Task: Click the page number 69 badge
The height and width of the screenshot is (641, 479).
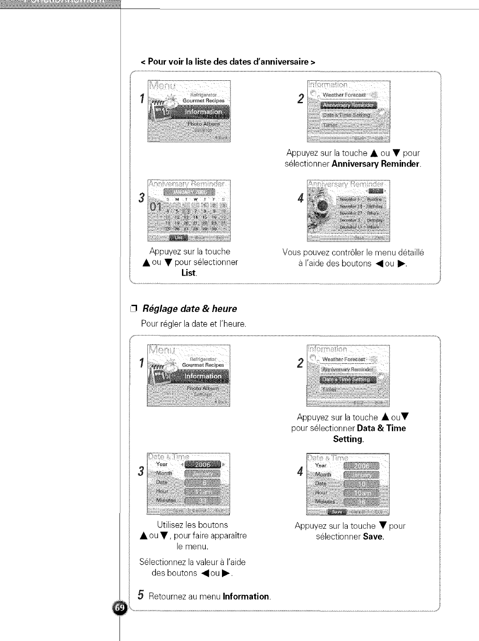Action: coord(119,608)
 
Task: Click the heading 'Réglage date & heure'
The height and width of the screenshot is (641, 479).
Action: coord(190,309)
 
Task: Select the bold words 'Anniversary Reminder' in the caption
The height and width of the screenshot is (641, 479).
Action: coord(375,164)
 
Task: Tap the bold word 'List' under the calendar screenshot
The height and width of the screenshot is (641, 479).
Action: coord(188,273)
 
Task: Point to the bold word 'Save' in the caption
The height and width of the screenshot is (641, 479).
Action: coord(373,537)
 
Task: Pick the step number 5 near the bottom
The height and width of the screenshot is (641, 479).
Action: coord(141,596)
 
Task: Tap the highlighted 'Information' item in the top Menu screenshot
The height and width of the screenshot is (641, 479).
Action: coord(204,112)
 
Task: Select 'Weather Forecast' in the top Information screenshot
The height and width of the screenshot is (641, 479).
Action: coord(344,95)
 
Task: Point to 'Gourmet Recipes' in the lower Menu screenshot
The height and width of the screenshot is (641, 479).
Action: coord(203,365)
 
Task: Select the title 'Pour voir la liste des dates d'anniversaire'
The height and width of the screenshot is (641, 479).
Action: coord(228,62)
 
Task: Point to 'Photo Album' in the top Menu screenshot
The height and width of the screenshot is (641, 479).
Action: coord(204,124)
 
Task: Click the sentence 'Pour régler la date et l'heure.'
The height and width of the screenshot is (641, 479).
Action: coord(194,324)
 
